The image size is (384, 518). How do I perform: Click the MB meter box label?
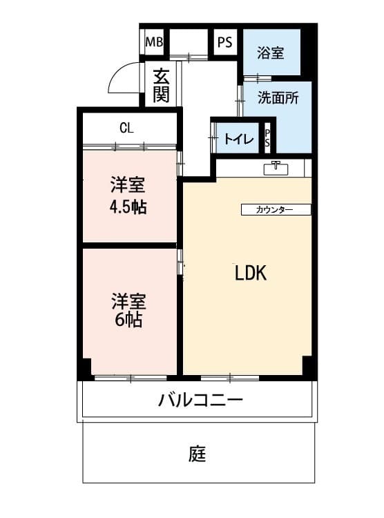(154, 42)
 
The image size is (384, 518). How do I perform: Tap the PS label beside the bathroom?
(224, 42)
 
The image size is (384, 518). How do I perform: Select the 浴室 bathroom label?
(270, 53)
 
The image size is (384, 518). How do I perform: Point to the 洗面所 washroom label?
(278, 98)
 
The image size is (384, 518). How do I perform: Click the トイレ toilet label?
(238, 139)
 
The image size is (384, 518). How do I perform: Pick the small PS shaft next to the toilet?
(267, 138)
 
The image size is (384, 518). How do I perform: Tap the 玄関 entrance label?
(162, 85)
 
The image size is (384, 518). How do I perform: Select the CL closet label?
(126, 128)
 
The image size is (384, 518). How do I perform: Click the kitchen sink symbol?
(276, 168)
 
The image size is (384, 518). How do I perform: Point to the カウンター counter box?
(276, 209)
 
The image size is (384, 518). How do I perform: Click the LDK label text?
(251, 273)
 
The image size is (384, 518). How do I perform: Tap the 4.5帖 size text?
(128, 207)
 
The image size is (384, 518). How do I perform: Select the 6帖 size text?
(128, 320)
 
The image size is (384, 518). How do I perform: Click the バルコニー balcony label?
(200, 400)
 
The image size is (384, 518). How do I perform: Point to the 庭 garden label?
(198, 454)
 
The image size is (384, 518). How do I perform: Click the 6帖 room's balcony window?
(131, 378)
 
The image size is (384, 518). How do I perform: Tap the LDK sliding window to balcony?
(230, 378)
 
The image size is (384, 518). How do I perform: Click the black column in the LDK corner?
(307, 365)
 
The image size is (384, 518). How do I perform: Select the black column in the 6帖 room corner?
(86, 367)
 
